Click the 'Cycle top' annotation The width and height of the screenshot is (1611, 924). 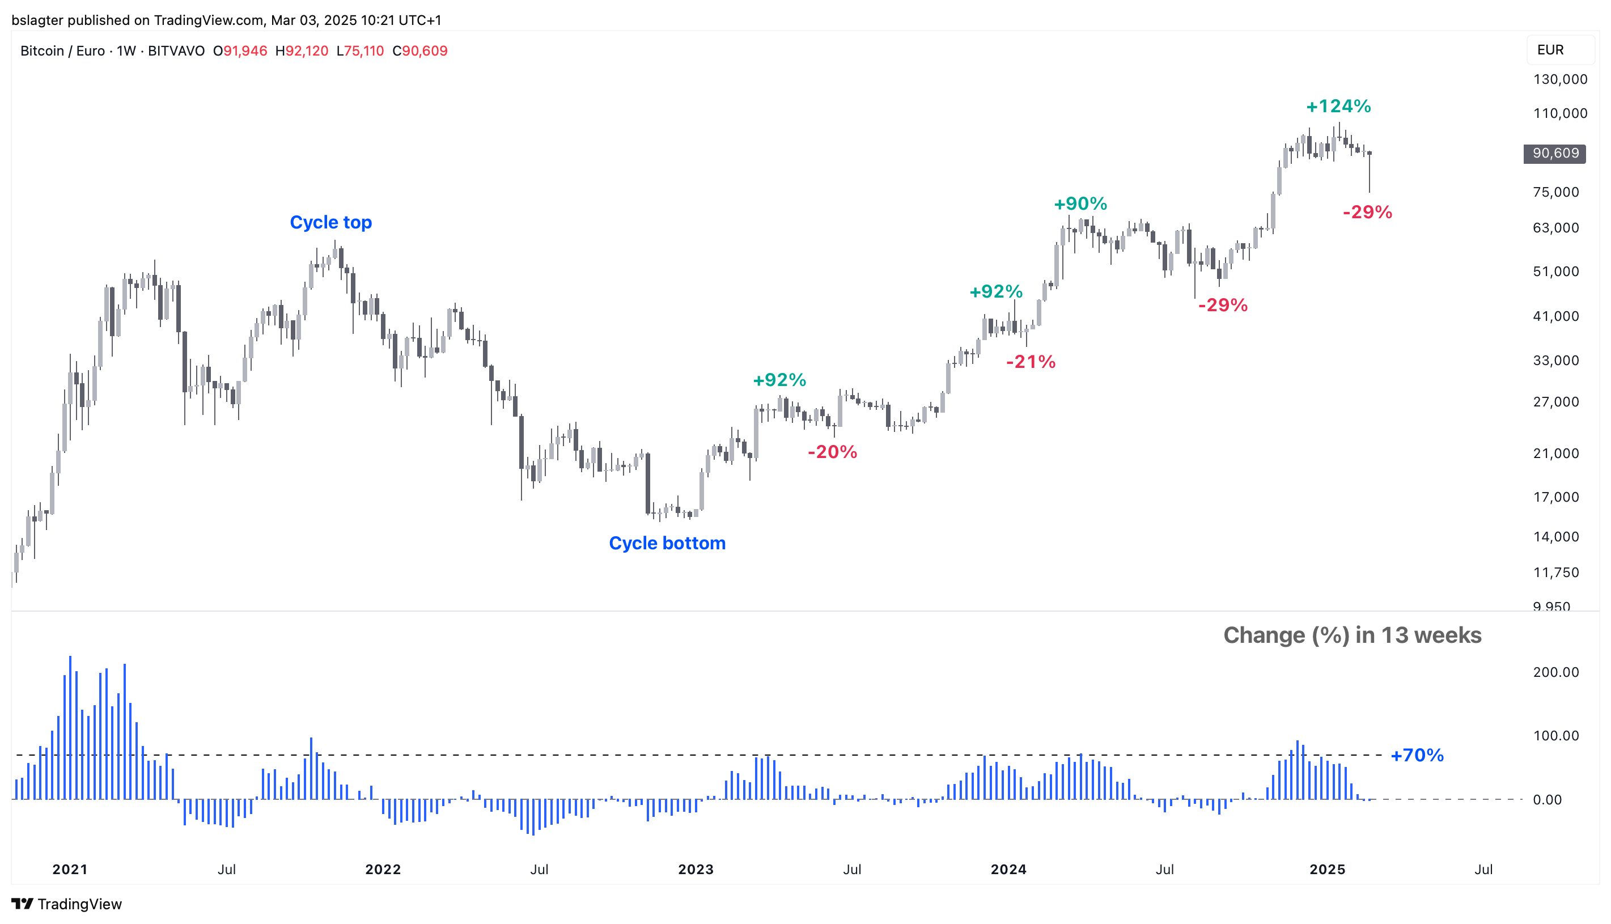330,222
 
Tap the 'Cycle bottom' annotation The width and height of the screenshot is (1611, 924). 667,543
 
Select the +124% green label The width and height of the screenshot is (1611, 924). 1338,106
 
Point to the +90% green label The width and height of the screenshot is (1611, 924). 1080,204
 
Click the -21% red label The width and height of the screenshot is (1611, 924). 1031,362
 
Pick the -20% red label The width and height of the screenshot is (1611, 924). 832,452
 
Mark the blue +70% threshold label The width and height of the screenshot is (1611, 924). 1417,755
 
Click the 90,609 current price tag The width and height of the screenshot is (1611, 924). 1554,154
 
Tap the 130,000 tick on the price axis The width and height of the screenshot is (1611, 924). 1559,79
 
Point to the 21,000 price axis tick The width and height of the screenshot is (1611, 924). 1556,453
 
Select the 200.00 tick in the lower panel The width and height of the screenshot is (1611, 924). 1556,672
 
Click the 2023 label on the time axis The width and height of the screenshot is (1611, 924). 696,870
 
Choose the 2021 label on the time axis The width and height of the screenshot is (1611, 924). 70,870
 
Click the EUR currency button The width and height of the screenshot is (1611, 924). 1550,50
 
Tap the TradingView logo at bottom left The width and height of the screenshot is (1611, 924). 67,904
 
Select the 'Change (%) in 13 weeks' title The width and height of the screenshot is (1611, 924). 1351,635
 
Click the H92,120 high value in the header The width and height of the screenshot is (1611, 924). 302,51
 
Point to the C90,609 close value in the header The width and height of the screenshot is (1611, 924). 420,51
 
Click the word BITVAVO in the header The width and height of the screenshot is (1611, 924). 176,51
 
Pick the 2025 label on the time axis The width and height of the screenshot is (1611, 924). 1327,870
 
